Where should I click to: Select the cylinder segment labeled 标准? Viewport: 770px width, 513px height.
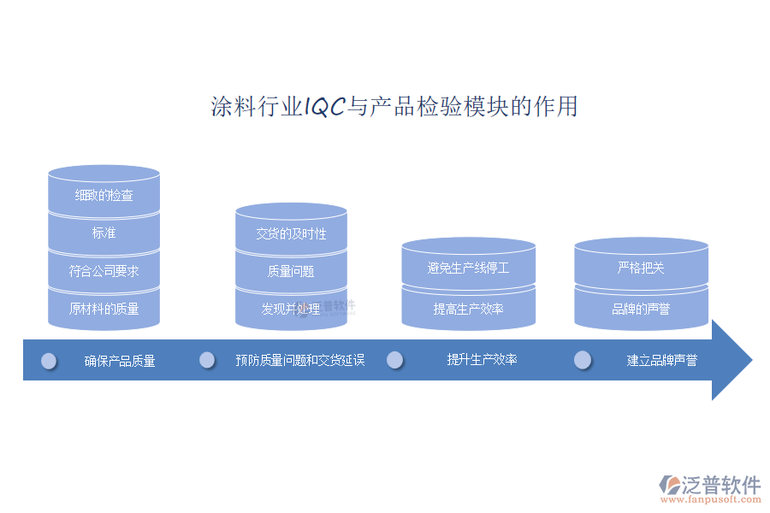[104, 233]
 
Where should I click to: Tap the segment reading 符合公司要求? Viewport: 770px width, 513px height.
[104, 270]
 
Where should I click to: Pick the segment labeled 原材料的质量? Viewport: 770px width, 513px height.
[104, 309]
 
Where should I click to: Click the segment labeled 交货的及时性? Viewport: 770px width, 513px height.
[291, 230]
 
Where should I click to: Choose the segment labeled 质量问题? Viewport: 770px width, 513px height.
[291, 270]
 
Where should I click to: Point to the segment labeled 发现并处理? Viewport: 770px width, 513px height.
[291, 309]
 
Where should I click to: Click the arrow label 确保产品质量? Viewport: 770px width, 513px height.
[120, 362]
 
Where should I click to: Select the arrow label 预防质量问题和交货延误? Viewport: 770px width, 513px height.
[300, 360]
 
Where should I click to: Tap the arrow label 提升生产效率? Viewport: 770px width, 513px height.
[483, 359]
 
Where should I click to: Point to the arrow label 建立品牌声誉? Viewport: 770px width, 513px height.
[662, 360]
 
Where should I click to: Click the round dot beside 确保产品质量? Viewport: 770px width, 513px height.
[49, 362]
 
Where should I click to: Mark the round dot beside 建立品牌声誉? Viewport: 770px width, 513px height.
[583, 360]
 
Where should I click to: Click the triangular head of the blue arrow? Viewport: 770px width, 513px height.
[729, 360]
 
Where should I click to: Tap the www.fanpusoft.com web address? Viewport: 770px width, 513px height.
[711, 499]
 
